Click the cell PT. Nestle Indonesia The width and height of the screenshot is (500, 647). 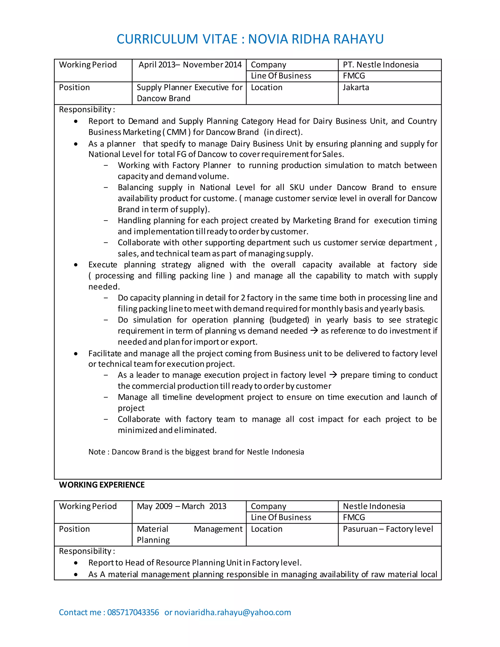point(381,65)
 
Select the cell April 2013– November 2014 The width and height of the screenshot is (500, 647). point(190,65)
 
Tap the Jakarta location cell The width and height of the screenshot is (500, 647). point(356,87)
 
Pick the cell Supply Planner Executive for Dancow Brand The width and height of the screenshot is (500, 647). point(189,93)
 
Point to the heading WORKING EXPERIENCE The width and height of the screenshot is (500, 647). point(102,485)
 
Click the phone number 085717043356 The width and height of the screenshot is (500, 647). point(133,612)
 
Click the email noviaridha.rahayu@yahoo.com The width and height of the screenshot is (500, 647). point(232,612)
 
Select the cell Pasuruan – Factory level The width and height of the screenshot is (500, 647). point(388,529)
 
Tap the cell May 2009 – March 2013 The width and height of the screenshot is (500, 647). point(181,506)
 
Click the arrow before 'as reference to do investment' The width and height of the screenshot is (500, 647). point(314,330)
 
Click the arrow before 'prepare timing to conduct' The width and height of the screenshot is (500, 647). point(333,375)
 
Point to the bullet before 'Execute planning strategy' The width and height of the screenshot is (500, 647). point(76,265)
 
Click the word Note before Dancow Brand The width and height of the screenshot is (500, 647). point(97,452)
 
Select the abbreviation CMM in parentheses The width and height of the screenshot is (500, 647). point(177,132)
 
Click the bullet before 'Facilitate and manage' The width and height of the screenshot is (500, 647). point(76,354)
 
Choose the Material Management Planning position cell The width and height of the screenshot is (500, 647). point(189,534)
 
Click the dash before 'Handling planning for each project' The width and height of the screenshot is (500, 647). point(106,220)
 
